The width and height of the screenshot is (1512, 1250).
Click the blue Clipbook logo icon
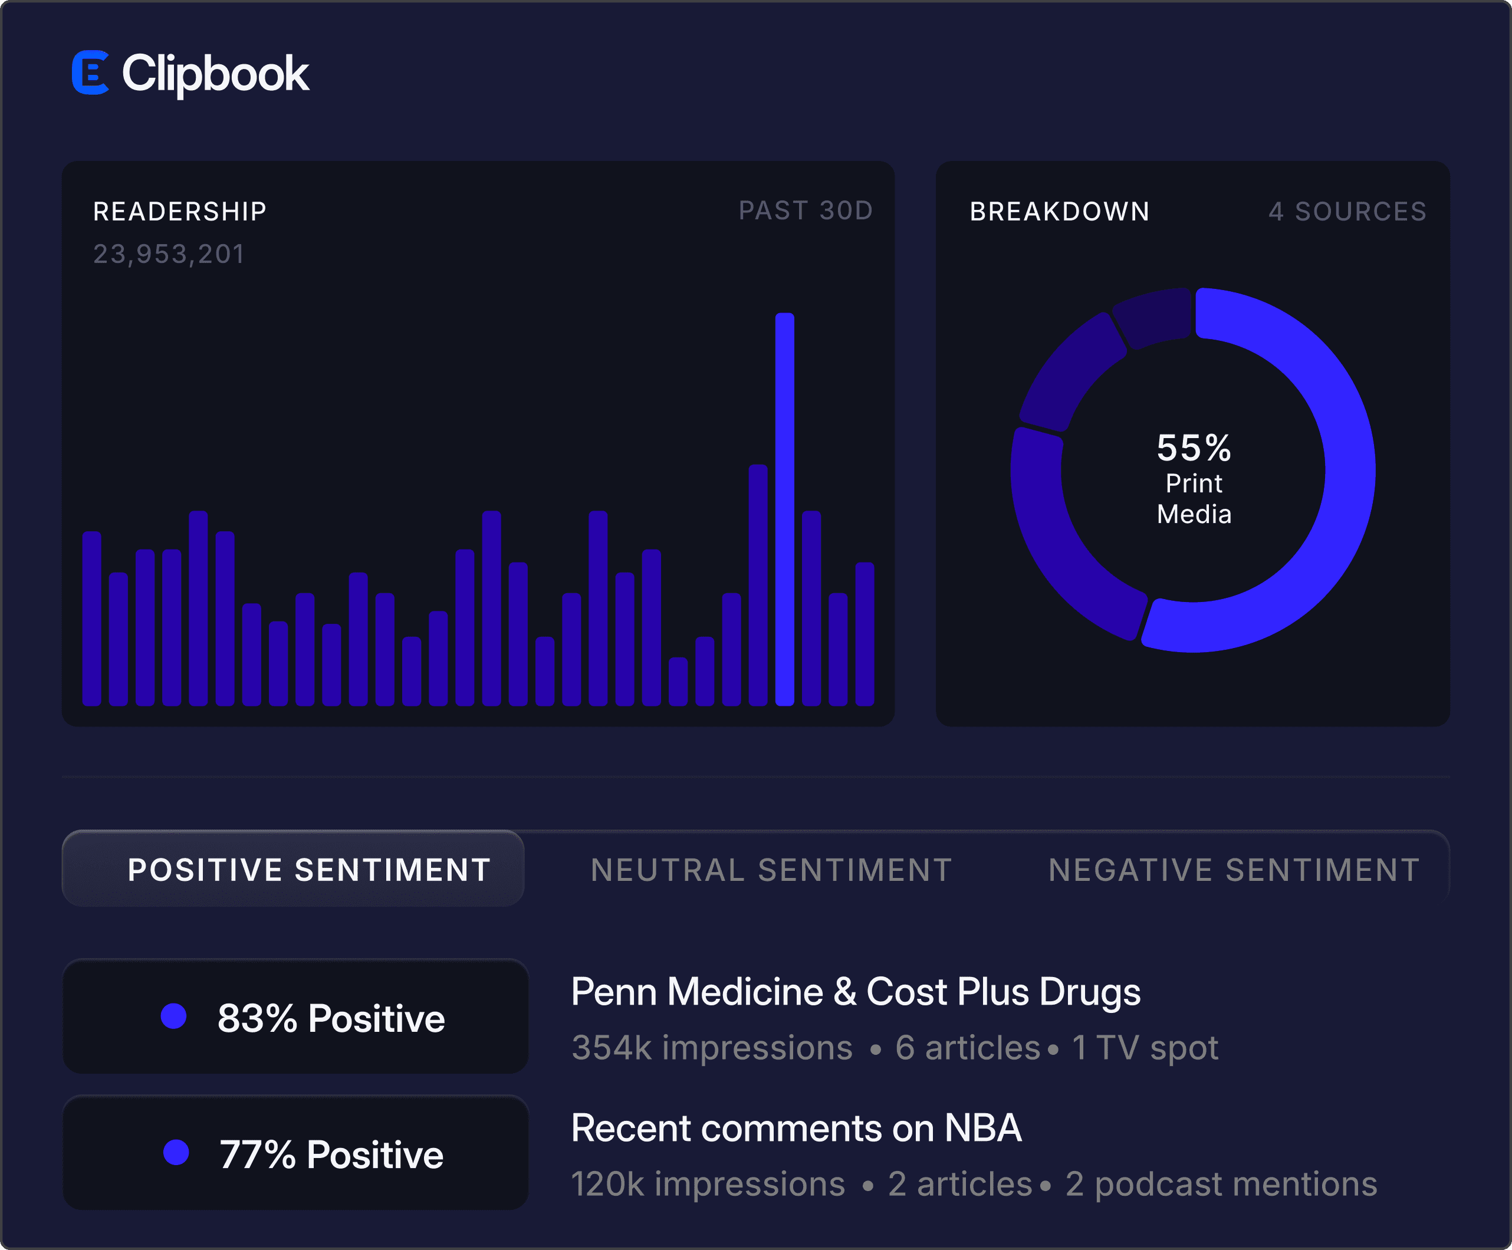point(90,72)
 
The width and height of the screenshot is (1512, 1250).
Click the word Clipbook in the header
point(215,74)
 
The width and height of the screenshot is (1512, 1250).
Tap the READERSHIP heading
point(180,211)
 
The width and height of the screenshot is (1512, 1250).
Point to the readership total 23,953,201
point(169,254)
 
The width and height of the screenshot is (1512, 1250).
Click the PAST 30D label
point(806,210)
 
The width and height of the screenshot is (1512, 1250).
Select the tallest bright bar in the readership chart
point(785,509)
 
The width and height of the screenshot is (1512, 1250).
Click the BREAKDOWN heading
point(1059,211)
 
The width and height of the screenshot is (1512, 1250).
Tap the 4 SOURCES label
point(1347,211)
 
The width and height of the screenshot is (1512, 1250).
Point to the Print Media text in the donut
point(1194,498)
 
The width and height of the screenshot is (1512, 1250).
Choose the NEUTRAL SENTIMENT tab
point(771,870)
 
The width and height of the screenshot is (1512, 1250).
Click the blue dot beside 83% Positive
point(173,1016)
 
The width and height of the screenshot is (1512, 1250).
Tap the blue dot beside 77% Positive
point(176,1152)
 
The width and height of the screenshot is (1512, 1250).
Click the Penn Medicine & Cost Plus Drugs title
point(855,992)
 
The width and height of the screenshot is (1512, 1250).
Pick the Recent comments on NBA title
point(796,1127)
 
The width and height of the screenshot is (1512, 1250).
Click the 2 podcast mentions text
point(1221,1184)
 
